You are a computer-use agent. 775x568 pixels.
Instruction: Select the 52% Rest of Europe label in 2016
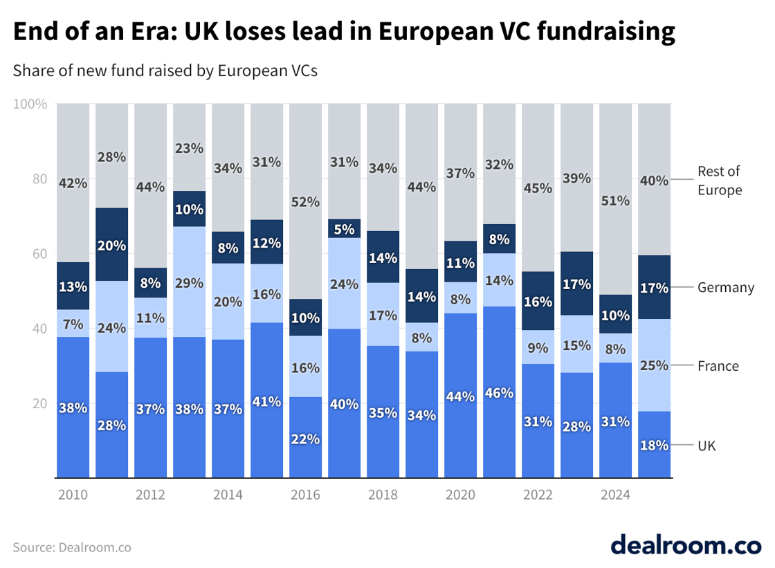306,202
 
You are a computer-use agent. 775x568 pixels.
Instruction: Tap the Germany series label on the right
725,287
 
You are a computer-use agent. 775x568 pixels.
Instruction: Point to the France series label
718,366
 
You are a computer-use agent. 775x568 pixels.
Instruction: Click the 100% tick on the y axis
30,104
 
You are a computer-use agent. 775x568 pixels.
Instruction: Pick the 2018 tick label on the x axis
383,495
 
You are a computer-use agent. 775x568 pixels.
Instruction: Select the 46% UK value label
500,393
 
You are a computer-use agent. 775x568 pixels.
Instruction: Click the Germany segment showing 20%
112,244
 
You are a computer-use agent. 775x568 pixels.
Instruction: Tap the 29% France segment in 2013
190,282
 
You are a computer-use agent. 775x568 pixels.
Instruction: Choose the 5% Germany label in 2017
344,229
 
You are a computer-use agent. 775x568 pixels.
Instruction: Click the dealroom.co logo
685,544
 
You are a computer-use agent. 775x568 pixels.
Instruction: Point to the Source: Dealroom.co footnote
72,547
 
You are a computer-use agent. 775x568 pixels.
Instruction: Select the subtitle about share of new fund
165,71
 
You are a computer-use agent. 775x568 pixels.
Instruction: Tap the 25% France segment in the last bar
654,365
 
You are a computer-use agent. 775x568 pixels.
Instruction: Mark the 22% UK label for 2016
306,439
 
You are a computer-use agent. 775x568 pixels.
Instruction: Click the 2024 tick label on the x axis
615,495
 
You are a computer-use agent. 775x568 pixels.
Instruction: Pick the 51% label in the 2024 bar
615,201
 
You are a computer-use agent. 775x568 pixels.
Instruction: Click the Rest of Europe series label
719,181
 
